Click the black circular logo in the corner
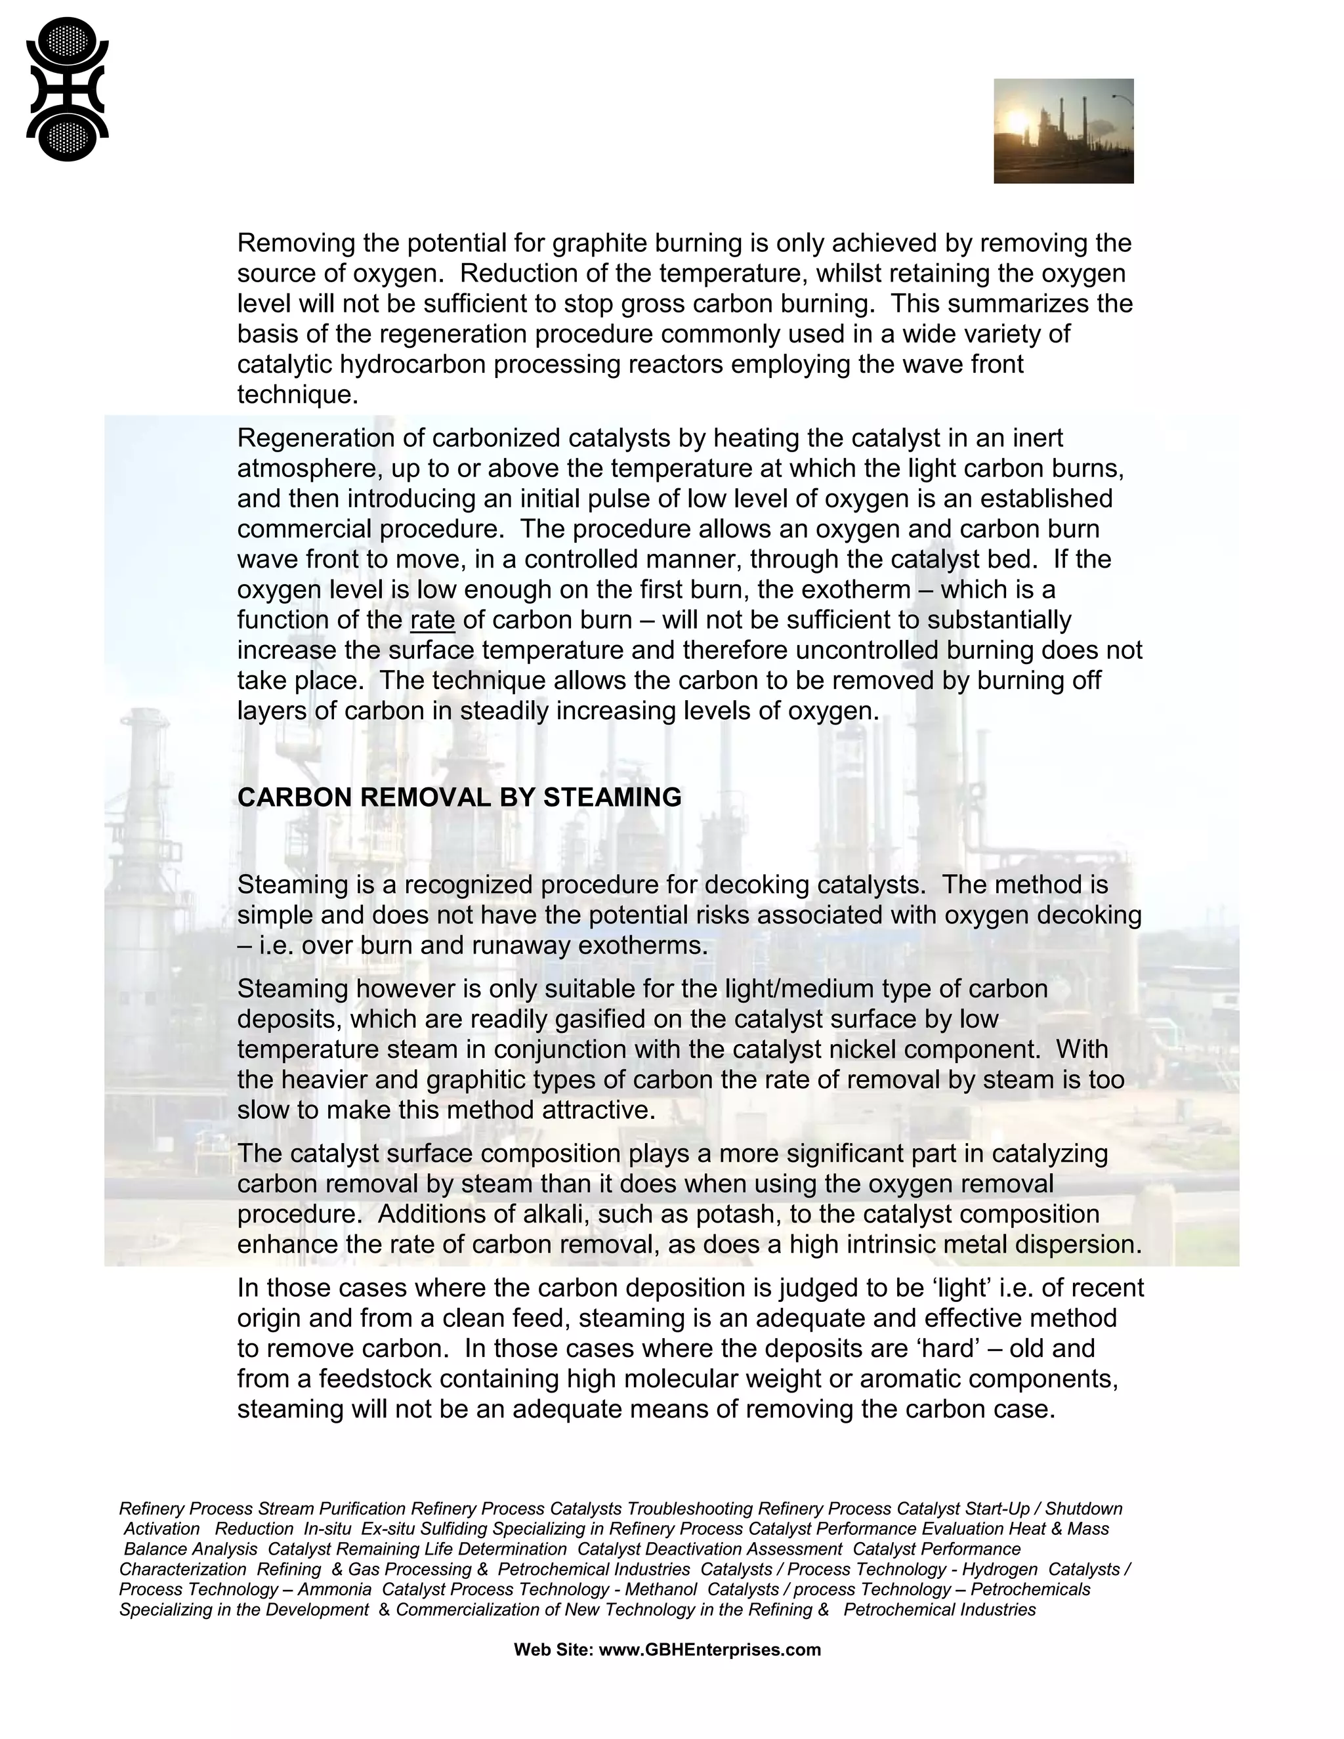coord(67,89)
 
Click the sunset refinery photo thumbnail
coord(1063,131)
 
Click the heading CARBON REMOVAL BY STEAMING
coord(459,797)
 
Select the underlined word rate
coord(432,620)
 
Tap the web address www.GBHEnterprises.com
coord(709,1650)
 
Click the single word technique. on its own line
coord(297,395)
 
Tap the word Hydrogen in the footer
coord(999,1570)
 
